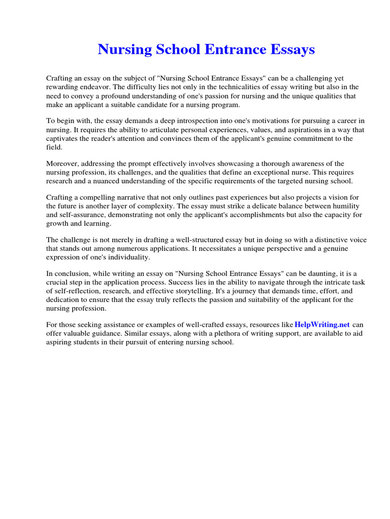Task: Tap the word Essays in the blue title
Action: [291, 50]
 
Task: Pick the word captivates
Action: [63, 138]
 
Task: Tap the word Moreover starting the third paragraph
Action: [63, 164]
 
